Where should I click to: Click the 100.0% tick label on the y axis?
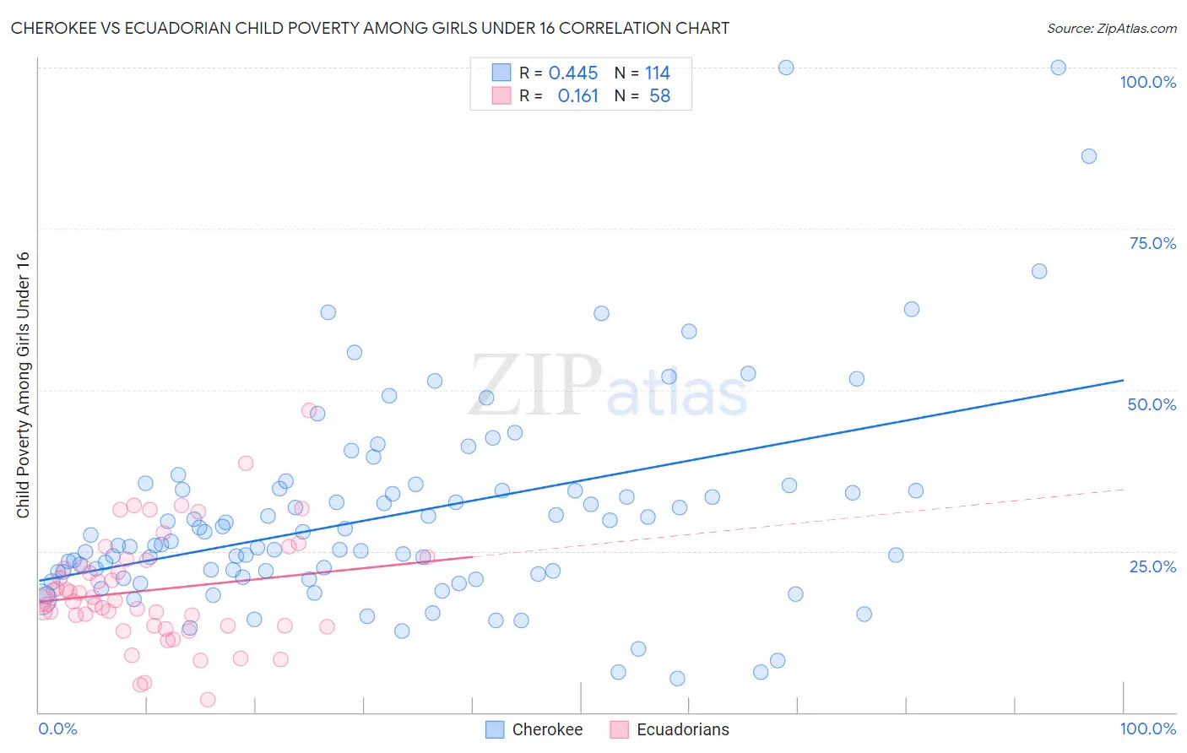click(1147, 82)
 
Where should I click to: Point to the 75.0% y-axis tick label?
click(1152, 243)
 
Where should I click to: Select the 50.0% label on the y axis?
click(1152, 404)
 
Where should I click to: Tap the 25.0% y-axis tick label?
click(1152, 566)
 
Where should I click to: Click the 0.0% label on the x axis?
click(57, 729)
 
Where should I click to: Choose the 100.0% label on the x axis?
click(1147, 729)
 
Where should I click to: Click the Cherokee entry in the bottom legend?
click(547, 729)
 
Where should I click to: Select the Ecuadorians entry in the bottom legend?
click(682, 729)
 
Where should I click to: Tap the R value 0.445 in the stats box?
click(572, 73)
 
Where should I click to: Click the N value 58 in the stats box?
click(659, 96)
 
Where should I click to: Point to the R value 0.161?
click(577, 96)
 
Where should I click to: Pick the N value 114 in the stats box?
click(657, 73)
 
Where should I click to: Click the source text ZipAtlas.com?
click(1111, 28)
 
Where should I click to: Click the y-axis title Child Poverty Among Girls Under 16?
click(23, 385)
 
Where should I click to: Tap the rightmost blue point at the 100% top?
click(1058, 68)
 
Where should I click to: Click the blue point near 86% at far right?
click(1088, 156)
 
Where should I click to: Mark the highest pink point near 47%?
click(309, 410)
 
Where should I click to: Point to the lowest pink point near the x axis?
click(208, 699)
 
